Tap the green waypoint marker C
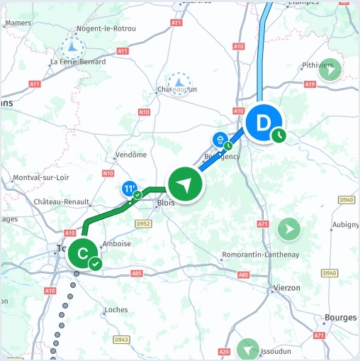click(82, 252)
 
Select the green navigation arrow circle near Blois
click(186, 185)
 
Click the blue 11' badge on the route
click(129, 189)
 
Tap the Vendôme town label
click(130, 155)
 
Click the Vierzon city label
click(286, 288)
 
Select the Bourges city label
click(339, 318)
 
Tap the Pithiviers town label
click(317, 65)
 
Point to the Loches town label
click(116, 310)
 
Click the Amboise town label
click(117, 243)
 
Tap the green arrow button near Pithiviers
click(330, 70)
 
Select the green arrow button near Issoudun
click(248, 349)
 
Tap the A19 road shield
click(309, 84)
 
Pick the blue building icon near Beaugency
click(220, 138)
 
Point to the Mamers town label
click(18, 23)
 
